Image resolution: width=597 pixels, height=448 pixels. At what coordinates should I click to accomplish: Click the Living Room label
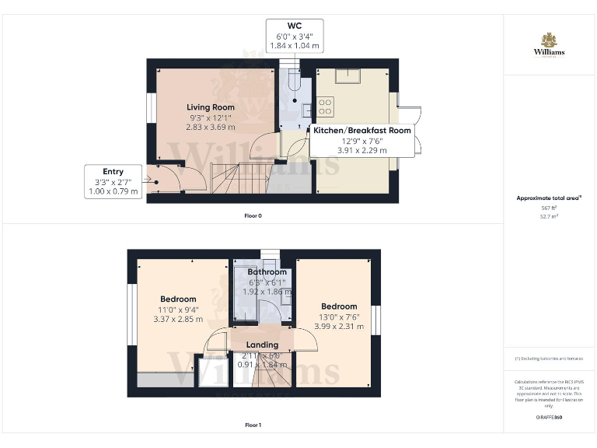pos(210,107)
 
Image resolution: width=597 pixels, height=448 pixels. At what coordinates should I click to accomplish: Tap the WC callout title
pos(294,26)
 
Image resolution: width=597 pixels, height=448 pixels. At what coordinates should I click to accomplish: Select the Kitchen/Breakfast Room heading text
pos(361,131)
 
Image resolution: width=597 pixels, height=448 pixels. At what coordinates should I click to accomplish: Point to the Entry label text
pos(113,171)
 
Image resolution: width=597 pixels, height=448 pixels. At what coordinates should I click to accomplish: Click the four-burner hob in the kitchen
pos(325,103)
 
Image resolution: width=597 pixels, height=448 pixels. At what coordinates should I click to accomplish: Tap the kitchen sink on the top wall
pos(347,75)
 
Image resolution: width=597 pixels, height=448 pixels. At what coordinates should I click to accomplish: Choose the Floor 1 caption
pos(253,425)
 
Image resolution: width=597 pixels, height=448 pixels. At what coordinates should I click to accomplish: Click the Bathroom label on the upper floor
pos(267,272)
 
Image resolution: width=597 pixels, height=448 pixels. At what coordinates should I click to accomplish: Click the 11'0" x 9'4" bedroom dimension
pos(178,309)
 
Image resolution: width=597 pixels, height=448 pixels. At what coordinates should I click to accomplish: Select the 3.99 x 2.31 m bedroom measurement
pos(339,326)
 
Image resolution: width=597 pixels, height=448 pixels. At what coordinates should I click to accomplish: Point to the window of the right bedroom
pos(375,320)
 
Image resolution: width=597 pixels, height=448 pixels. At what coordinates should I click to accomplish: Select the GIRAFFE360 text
pos(549,418)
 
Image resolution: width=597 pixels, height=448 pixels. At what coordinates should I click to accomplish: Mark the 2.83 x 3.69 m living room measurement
pos(210,127)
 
